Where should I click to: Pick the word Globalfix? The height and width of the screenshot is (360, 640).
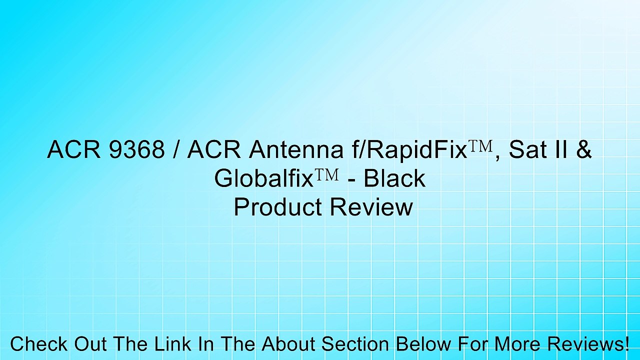(x=264, y=178)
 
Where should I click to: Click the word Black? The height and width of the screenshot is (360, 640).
(x=394, y=178)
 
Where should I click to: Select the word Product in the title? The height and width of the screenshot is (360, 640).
(x=278, y=206)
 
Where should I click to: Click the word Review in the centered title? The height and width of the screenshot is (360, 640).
(x=371, y=206)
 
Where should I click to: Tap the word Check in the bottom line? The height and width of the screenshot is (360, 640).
(x=39, y=343)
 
